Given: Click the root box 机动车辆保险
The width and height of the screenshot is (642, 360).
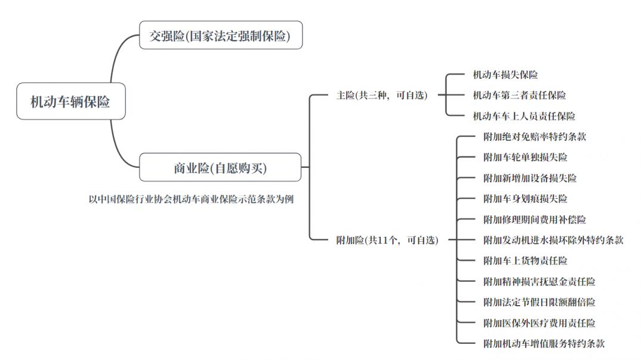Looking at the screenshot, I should pyautogui.click(x=70, y=102).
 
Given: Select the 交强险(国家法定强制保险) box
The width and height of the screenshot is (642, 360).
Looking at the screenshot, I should pyautogui.click(x=221, y=36).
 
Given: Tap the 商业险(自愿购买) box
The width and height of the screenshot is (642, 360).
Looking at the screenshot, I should pyautogui.click(x=220, y=168).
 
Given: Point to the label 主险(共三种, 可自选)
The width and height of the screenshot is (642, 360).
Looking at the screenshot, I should pyautogui.click(x=382, y=96).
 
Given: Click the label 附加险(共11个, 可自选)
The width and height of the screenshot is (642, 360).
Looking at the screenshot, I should pyautogui.click(x=387, y=240).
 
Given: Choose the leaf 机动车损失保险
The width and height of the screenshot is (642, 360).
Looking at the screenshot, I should pyautogui.click(x=505, y=75).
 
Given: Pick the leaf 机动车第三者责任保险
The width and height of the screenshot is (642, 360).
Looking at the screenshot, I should pyautogui.click(x=519, y=96).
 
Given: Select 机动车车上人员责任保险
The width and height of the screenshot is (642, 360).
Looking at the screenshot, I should pyautogui.click(x=524, y=116).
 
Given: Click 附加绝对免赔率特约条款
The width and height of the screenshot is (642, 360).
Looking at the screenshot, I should pyautogui.click(x=535, y=137).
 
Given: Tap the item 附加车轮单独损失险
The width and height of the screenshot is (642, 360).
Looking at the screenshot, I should pyautogui.click(x=525, y=158).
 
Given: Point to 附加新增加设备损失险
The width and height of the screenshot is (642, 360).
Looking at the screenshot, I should pyautogui.click(x=530, y=179).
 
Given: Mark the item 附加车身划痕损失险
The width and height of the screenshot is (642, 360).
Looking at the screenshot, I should pyautogui.click(x=525, y=199).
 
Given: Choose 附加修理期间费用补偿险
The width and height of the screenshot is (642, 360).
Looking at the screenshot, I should pyautogui.click(x=535, y=220).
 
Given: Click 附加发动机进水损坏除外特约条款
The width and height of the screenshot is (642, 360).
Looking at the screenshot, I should pyautogui.click(x=553, y=240).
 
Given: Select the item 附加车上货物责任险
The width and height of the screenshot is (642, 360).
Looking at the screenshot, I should pyautogui.click(x=525, y=261).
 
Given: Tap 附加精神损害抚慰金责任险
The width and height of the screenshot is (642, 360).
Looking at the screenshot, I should pyautogui.click(x=539, y=281).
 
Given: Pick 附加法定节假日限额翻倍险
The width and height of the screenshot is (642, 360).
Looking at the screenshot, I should pyautogui.click(x=539, y=302).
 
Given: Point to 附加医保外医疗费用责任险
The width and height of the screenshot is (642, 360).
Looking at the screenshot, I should pyautogui.click(x=539, y=323).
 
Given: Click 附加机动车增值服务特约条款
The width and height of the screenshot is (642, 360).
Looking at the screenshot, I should pyautogui.click(x=544, y=343).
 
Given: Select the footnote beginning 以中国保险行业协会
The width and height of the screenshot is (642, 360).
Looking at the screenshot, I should pyautogui.click(x=190, y=199).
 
